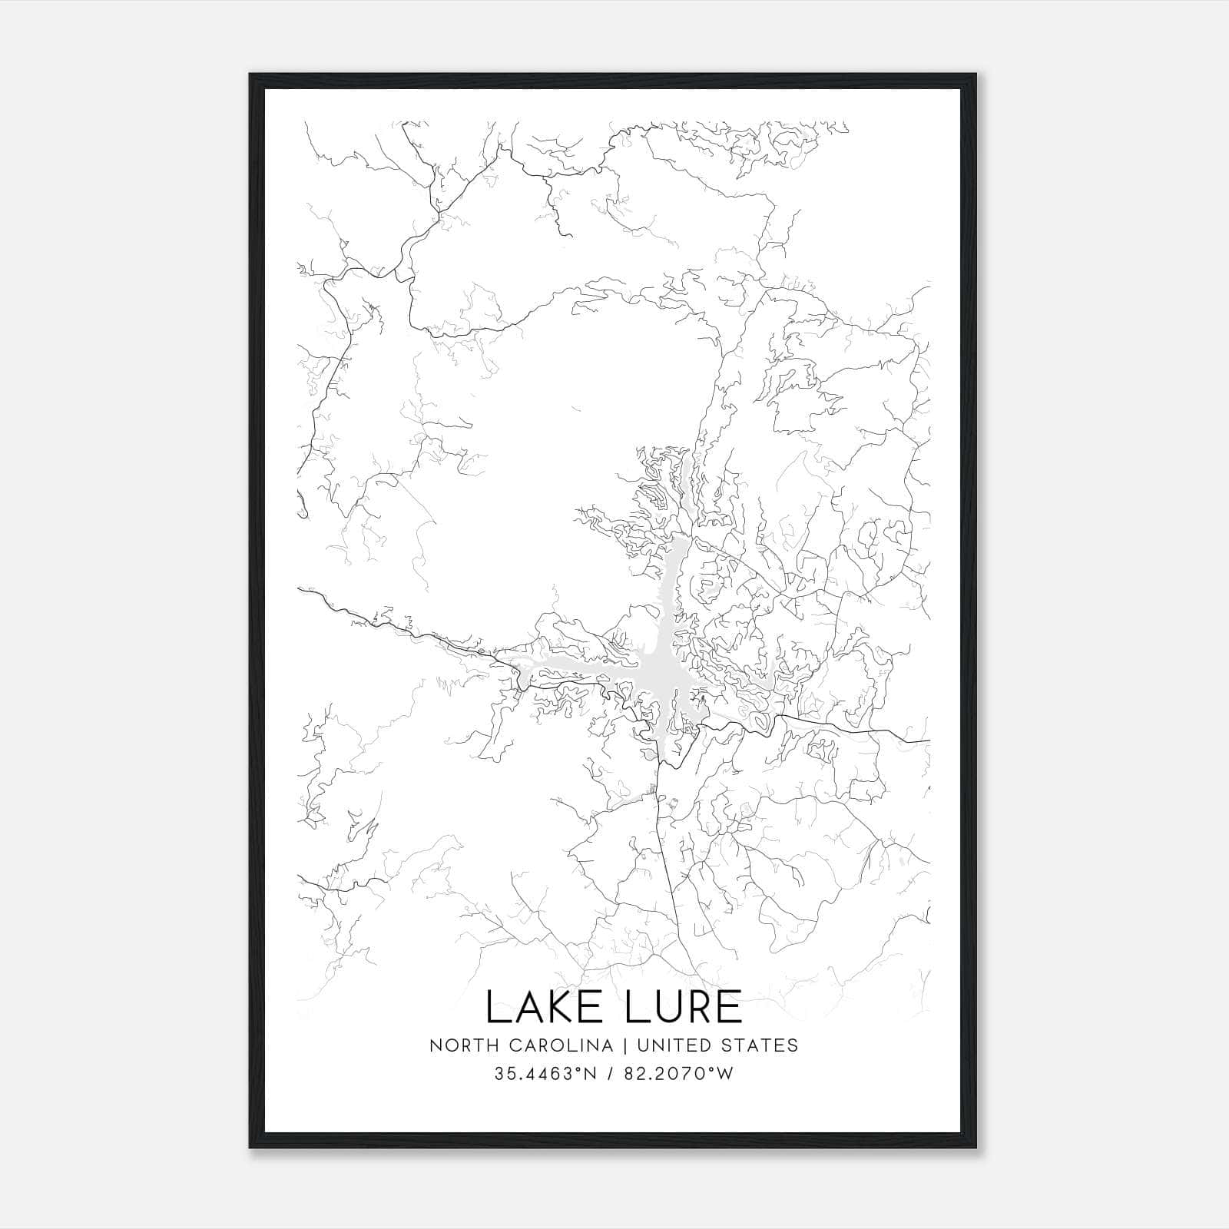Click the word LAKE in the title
(548, 1008)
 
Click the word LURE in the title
(683, 1008)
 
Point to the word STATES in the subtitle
(760, 1045)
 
